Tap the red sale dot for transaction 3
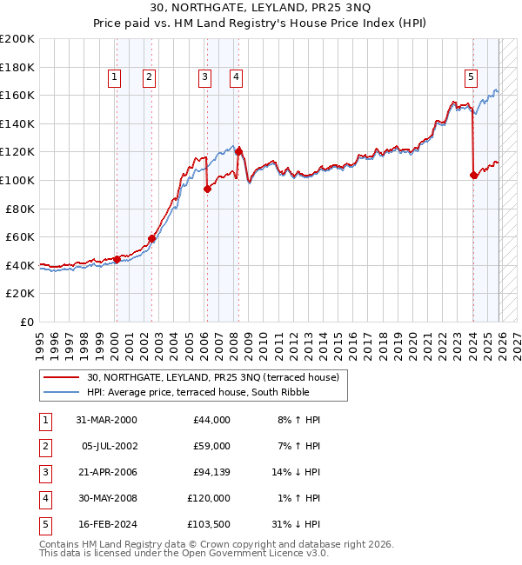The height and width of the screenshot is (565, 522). pos(207,189)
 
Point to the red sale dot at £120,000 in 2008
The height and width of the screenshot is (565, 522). pos(238,151)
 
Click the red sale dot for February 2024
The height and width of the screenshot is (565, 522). pos(473,176)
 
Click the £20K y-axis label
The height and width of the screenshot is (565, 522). pos(20,294)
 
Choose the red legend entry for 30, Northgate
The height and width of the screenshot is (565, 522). pos(217,376)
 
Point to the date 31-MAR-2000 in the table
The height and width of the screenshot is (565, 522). pos(106,420)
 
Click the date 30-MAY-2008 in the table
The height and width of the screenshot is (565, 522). pos(106,498)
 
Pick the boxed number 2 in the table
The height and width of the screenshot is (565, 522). pos(43,446)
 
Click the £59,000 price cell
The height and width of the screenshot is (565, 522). pos(211,446)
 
